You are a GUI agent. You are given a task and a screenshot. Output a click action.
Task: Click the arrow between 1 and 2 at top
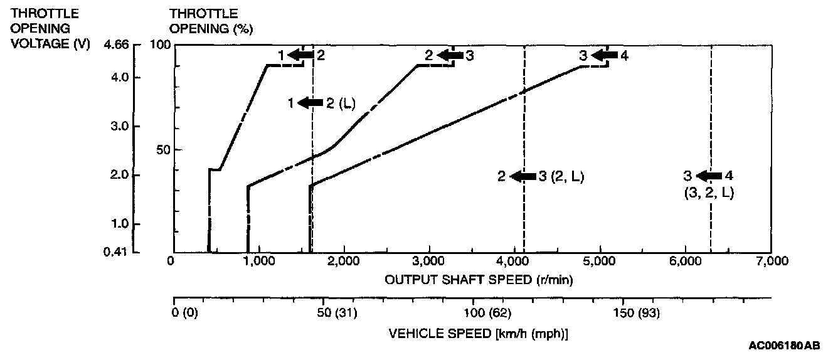click(x=300, y=56)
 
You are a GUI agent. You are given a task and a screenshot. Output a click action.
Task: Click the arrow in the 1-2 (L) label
click(x=310, y=103)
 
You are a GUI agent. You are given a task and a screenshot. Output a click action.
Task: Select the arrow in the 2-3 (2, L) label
click(x=523, y=177)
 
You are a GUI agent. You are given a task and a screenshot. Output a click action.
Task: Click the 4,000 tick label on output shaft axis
click(x=513, y=262)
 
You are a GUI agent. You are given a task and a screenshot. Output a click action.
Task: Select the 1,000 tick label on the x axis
click(x=258, y=262)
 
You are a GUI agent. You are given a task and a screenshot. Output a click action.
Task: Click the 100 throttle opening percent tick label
click(x=161, y=45)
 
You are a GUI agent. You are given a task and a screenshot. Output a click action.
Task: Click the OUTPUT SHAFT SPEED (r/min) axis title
click(x=479, y=278)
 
